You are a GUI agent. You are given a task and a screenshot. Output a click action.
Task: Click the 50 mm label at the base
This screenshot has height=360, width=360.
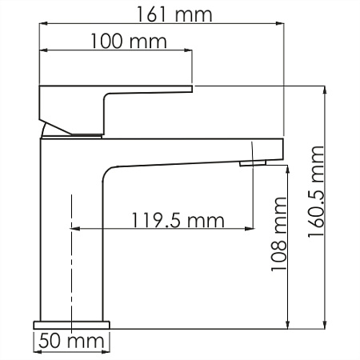(73, 342)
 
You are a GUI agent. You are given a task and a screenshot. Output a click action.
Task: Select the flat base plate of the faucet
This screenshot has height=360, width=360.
(72, 325)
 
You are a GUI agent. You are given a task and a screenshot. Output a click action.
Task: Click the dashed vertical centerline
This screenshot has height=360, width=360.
(72, 264)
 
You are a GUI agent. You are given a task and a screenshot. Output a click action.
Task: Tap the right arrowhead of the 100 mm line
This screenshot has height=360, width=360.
(190, 54)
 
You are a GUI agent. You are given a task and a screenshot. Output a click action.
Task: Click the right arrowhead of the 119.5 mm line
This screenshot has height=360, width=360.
(250, 230)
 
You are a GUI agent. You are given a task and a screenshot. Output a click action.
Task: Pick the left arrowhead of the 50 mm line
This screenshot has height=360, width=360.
(37, 353)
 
